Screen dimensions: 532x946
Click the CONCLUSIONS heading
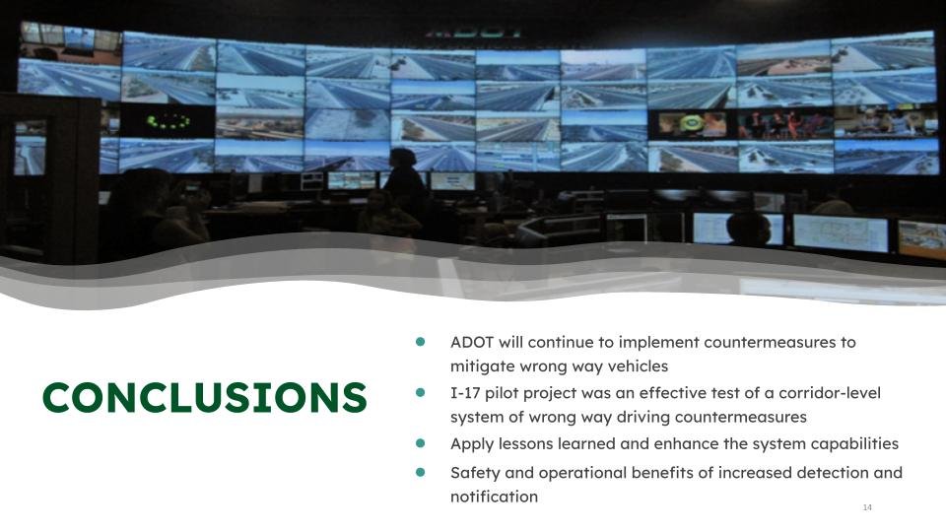coord(204,397)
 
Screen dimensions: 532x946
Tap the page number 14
coord(867,507)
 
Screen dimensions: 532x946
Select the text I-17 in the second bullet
coord(466,393)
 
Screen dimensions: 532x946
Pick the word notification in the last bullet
coord(494,497)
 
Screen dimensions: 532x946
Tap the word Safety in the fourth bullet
coord(475,473)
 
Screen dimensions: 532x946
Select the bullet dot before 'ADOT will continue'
coord(421,342)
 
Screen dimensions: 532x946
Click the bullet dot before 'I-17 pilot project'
coord(421,392)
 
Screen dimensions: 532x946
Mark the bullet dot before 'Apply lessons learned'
coord(421,443)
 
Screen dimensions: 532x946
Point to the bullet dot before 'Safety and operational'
coord(421,472)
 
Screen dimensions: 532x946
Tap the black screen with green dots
coord(168,121)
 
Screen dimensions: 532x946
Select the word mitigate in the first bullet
coord(483,366)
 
